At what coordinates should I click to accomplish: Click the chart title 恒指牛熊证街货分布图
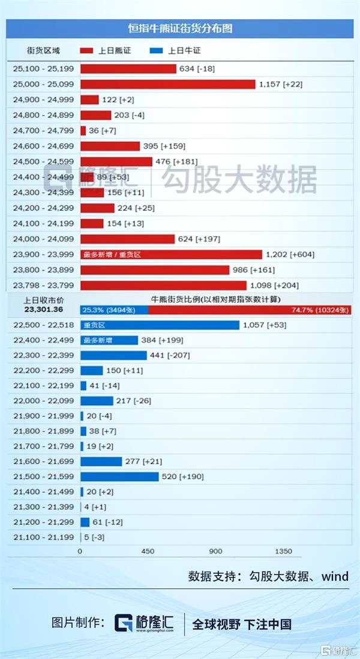point(180,28)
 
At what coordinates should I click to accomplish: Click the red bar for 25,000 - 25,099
point(167,84)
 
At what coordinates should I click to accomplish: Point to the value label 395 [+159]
point(164,146)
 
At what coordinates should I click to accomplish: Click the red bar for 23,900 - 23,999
point(171,254)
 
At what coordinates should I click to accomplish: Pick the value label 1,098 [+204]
point(274,285)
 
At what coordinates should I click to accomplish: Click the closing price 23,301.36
point(43,310)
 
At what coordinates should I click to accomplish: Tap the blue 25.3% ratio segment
point(114,310)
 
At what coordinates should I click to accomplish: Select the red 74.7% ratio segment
point(250,310)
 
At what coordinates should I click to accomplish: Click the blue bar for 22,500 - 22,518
point(160,325)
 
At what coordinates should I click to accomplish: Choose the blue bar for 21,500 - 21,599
point(119,477)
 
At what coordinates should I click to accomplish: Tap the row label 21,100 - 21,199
point(43,537)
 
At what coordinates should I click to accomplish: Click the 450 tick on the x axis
point(148,552)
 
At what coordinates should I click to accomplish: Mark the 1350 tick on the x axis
point(283,552)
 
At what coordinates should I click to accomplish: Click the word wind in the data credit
point(335,576)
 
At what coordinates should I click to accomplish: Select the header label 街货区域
point(43,51)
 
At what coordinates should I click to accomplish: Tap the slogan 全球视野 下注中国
point(242,624)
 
